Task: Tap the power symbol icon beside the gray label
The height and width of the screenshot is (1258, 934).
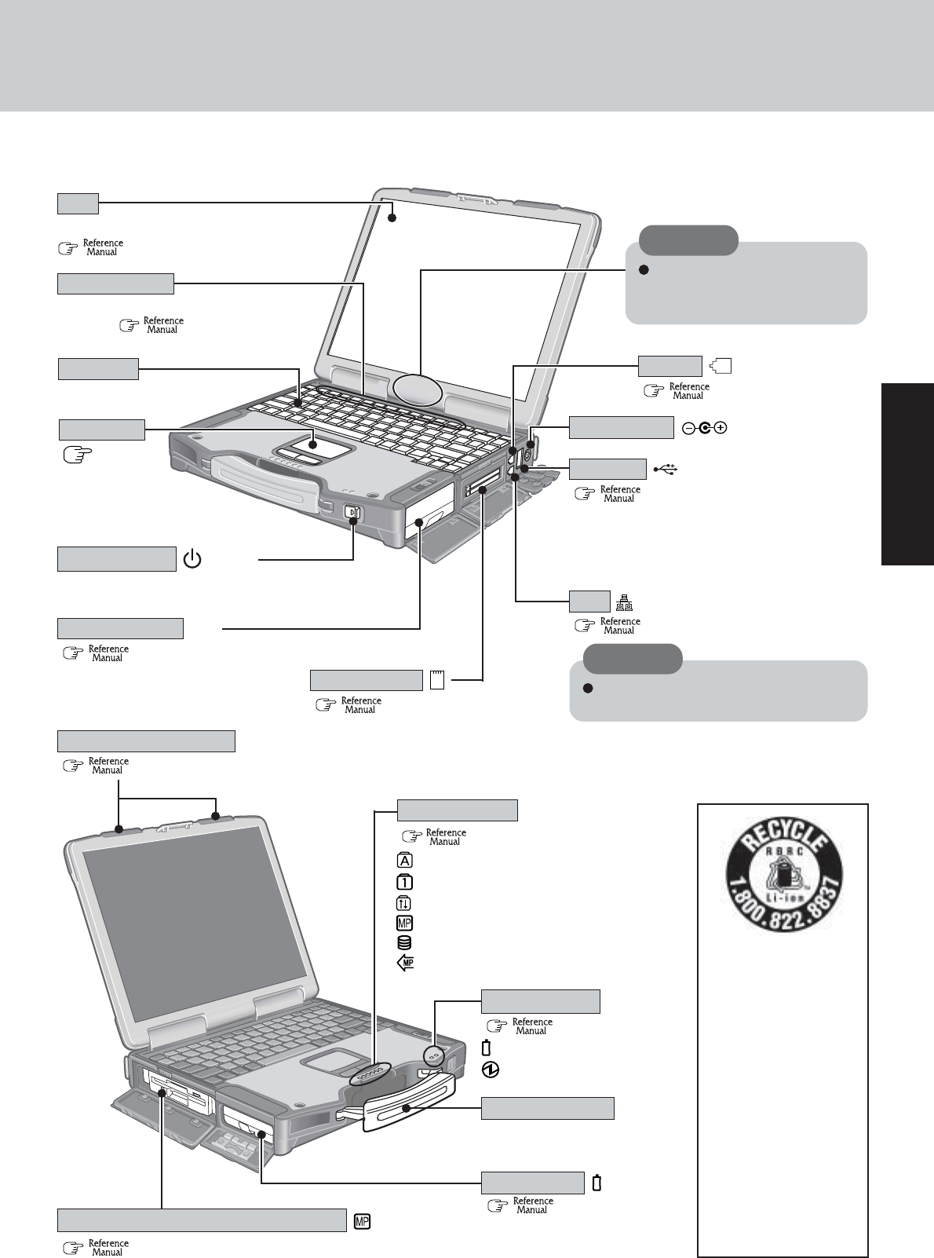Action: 193,560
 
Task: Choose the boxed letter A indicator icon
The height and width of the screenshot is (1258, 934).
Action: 406,861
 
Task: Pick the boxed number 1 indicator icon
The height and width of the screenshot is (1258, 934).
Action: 406,881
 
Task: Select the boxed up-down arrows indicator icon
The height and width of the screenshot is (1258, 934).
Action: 406,902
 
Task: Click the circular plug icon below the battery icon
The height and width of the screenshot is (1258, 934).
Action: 488,1070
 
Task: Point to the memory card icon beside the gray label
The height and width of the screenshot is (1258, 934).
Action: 437,680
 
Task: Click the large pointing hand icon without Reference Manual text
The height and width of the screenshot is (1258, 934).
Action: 77,453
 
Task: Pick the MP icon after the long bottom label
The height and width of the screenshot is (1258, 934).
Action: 363,1221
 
